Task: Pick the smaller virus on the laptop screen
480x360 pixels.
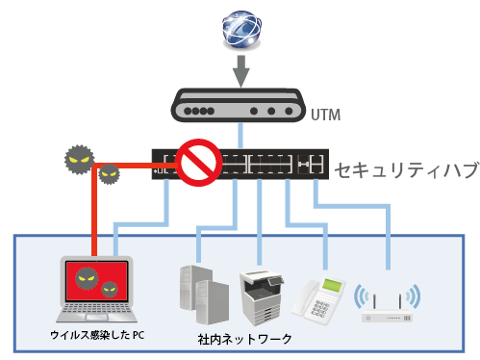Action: pos(108,288)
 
